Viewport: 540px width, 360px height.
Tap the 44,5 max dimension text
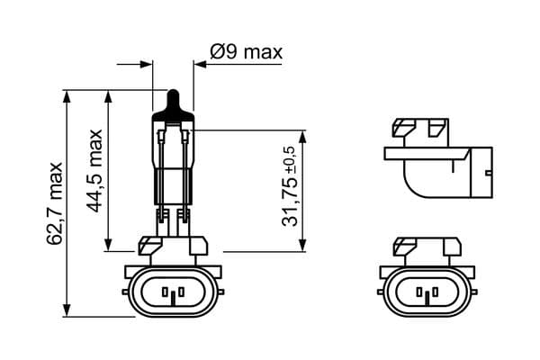[96, 171]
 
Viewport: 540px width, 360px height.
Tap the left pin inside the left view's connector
[167, 292]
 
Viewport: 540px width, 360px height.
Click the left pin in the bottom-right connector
[419, 292]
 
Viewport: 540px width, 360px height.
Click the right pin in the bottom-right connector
[432, 292]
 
